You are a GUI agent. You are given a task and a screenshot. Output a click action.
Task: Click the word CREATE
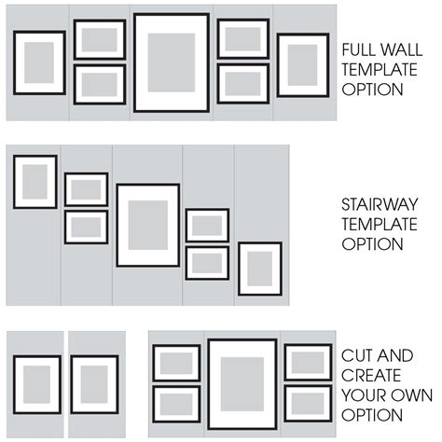(372, 376)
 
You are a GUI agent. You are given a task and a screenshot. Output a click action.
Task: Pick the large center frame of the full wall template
(171, 62)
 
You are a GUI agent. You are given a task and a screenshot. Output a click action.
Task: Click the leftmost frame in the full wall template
(39, 62)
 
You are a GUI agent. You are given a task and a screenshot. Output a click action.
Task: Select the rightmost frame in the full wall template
(302, 65)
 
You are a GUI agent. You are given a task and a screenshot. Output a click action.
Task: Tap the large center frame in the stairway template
(147, 225)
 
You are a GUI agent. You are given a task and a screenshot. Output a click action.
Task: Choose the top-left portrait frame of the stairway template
(35, 181)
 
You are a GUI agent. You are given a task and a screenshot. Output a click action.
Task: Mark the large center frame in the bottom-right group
(242, 383)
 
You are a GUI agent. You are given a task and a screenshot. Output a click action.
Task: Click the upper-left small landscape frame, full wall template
(99, 39)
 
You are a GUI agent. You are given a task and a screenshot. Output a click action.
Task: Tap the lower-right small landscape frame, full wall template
(242, 83)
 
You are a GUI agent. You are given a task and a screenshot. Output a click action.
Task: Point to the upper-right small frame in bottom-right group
(308, 362)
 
